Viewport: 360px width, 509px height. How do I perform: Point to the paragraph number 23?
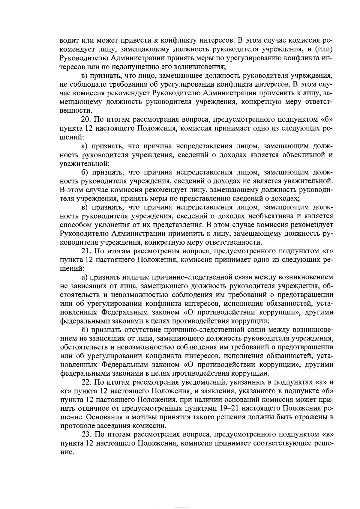coord(86,435)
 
